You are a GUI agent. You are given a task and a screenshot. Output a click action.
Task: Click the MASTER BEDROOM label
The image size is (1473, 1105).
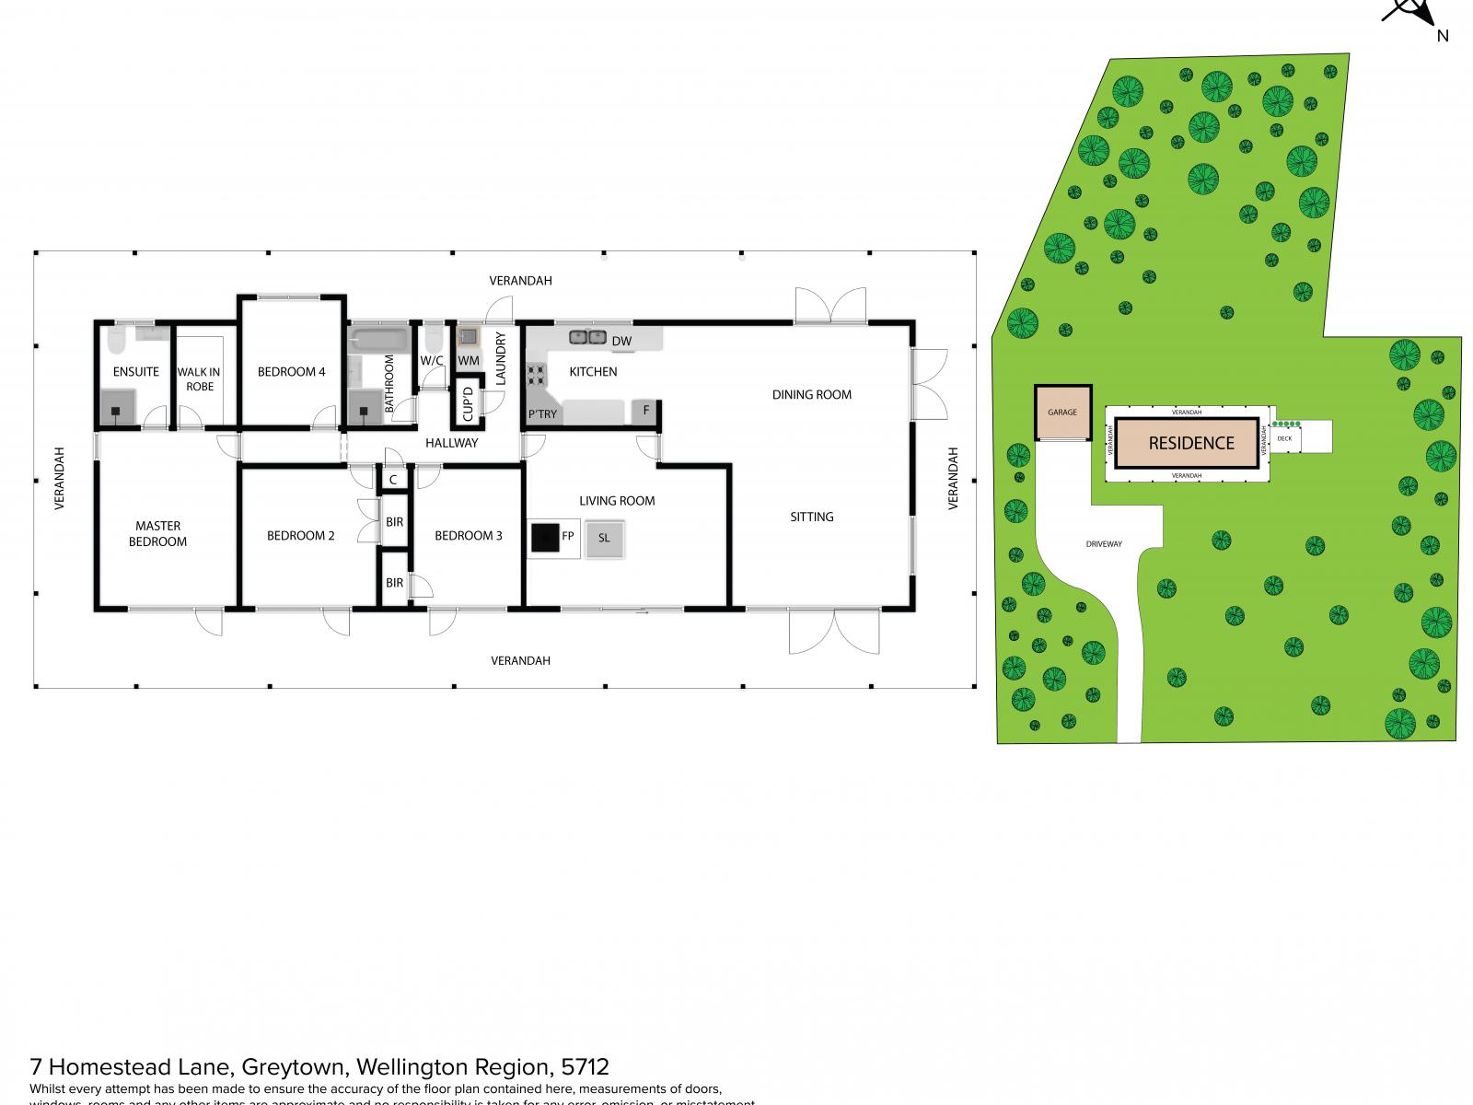pyautogui.click(x=157, y=534)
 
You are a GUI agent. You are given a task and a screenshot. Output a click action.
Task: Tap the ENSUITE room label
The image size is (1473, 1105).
pyautogui.click(x=135, y=372)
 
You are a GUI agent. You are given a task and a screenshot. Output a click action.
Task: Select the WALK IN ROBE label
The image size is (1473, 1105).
pyautogui.click(x=199, y=379)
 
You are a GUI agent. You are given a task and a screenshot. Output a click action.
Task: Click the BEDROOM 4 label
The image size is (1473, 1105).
pyautogui.click(x=291, y=372)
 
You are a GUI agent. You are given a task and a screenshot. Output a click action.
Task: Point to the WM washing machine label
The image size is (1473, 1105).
pyautogui.click(x=468, y=360)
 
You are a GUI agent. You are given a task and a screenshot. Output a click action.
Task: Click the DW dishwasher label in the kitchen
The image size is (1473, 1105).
pyautogui.click(x=622, y=342)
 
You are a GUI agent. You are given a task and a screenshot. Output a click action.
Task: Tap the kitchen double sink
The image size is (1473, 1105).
pyautogui.click(x=586, y=337)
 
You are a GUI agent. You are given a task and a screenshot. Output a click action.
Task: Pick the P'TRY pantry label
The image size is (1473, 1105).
pyautogui.click(x=542, y=414)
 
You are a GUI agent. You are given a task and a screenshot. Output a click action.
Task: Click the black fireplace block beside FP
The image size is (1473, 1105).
pyautogui.click(x=544, y=537)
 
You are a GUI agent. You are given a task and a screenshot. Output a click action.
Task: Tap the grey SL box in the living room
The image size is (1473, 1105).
pyautogui.click(x=604, y=537)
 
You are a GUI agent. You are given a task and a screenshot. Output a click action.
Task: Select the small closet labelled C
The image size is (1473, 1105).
pyautogui.click(x=393, y=480)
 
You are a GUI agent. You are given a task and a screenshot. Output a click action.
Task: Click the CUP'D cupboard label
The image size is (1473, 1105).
pyautogui.click(x=468, y=404)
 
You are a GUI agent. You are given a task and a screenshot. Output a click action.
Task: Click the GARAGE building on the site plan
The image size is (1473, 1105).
pyautogui.click(x=1062, y=413)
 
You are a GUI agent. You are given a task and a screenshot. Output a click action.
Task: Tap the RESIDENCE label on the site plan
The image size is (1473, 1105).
pyautogui.click(x=1190, y=443)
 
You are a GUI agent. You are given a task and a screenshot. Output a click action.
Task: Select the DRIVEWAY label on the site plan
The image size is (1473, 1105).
pyautogui.click(x=1103, y=544)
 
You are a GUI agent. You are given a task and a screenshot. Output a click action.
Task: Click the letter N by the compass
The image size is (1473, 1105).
pyautogui.click(x=1443, y=36)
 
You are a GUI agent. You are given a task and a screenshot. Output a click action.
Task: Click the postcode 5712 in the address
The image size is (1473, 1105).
pyautogui.click(x=585, y=1067)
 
